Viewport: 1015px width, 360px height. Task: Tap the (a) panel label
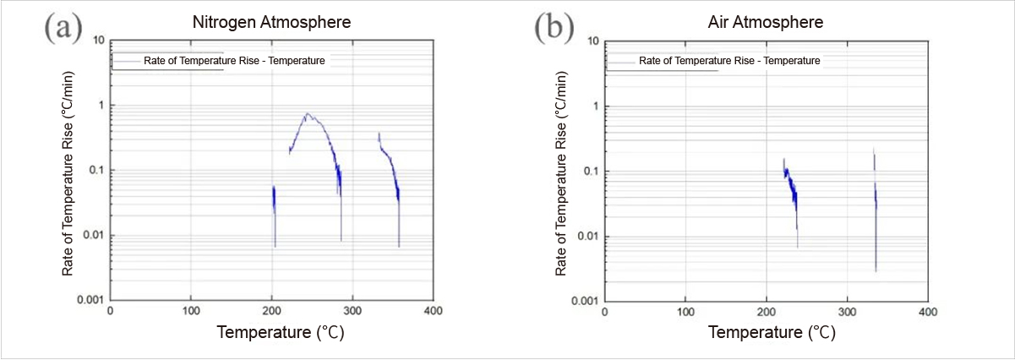tap(63, 27)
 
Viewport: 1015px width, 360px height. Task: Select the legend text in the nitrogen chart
tap(234, 61)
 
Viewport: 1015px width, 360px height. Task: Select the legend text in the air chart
tap(729, 61)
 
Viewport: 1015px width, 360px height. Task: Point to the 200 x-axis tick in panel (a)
tap(271, 310)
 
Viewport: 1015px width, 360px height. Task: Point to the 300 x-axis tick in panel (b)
tap(848, 311)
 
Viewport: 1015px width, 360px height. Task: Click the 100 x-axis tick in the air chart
tap(685, 311)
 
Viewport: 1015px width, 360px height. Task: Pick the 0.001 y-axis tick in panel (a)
tap(90, 300)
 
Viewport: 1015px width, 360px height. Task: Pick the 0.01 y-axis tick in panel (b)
tap(587, 236)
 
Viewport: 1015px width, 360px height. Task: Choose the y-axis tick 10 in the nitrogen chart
tap(99, 40)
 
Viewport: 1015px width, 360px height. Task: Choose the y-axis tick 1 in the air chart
tap(594, 106)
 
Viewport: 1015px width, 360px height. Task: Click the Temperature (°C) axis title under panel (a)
tap(281, 332)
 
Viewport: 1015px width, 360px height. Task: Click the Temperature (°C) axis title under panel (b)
tap(772, 332)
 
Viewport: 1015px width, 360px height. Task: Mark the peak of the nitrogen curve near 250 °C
tap(308, 114)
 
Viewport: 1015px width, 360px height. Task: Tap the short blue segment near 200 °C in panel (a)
tap(274, 203)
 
